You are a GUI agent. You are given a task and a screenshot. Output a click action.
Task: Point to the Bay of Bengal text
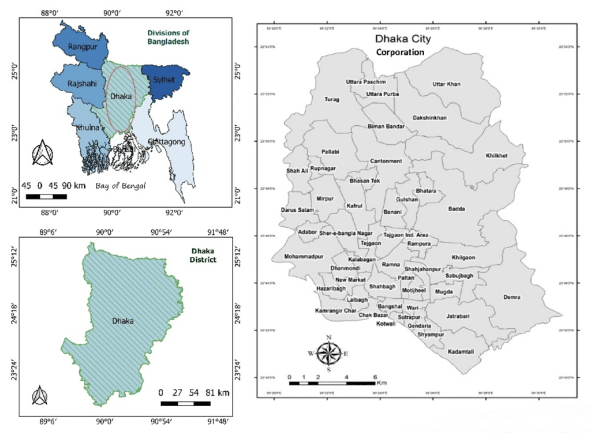121,186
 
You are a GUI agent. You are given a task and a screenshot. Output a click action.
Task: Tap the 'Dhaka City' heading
403,40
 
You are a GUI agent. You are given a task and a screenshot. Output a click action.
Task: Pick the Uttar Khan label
446,84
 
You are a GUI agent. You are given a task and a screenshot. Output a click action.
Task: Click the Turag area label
332,99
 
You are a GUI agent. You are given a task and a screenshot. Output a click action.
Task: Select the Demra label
511,297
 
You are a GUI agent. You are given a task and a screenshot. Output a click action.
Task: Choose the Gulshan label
406,198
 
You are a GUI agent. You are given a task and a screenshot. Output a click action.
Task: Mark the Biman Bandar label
386,126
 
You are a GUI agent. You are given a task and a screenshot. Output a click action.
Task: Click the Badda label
457,209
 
